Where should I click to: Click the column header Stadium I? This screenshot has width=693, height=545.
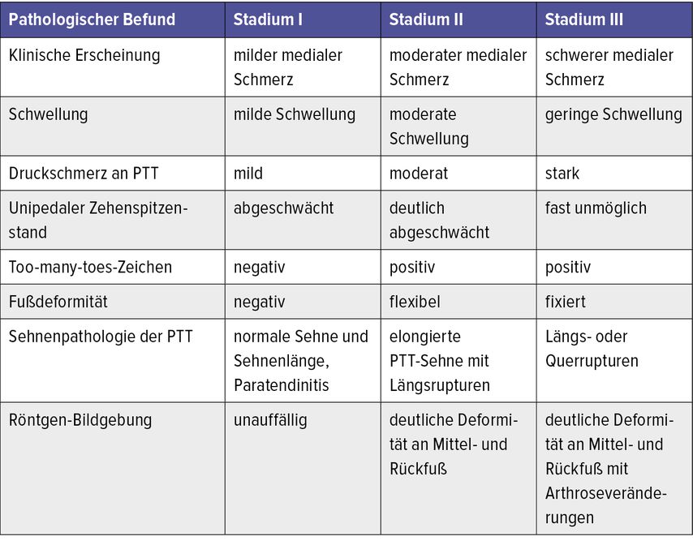point(268,19)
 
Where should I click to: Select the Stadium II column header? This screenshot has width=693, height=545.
point(426,19)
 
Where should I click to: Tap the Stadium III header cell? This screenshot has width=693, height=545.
point(583,19)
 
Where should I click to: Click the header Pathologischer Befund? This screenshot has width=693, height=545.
point(92,19)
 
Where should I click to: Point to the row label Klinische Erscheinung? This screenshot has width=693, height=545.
point(84,56)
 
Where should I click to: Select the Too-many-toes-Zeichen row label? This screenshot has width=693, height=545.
point(90,267)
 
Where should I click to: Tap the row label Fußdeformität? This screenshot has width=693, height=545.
point(58,302)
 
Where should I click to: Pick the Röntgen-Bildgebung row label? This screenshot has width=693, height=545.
point(80,420)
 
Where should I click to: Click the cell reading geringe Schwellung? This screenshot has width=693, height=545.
point(613,114)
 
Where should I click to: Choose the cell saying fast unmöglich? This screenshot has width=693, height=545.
point(596,208)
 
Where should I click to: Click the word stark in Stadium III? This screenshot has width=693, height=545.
point(562,173)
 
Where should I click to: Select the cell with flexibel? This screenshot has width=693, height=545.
point(415,302)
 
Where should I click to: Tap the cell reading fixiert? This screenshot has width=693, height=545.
point(566,302)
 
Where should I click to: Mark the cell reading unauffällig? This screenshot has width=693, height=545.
point(270,420)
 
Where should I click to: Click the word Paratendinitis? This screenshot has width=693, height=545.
point(282,384)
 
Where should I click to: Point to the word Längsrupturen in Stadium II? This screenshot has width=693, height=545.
point(440,384)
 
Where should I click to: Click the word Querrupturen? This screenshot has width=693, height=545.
point(592,360)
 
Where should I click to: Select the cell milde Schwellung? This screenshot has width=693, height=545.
point(295,114)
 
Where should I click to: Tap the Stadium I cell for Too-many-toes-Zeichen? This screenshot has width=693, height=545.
point(260,267)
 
